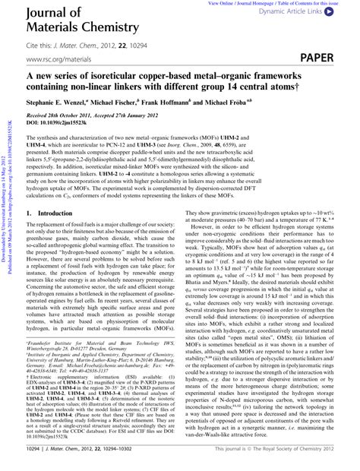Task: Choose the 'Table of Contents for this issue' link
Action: (318, 4)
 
